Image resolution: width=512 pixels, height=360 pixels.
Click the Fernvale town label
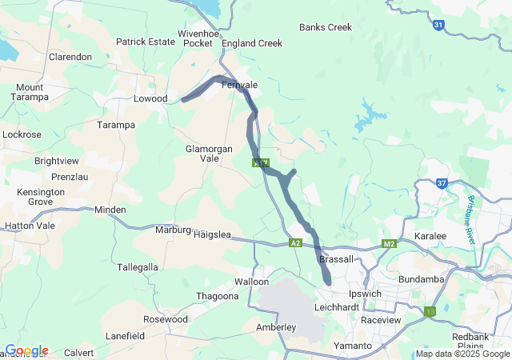click(239, 84)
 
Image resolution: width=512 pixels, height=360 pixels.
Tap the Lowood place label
click(150, 98)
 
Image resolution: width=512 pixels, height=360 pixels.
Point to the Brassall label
click(335, 260)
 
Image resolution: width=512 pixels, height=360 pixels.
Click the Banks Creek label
click(326, 27)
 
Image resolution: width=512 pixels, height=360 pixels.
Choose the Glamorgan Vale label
click(209, 154)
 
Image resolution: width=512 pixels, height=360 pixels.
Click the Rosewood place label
click(165, 319)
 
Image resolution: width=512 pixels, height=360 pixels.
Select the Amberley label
click(276, 327)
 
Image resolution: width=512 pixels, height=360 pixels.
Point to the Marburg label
click(173, 230)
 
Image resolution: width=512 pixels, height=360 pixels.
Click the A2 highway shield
click(296, 243)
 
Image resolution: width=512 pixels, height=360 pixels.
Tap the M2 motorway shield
click(390, 243)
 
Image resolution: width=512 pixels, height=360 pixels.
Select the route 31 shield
click(438, 26)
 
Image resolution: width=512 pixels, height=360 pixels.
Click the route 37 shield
click(442, 183)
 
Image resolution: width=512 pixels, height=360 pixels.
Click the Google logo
click(26, 350)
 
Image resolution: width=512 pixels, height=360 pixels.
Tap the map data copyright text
click(462, 354)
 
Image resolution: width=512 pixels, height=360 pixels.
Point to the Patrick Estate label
click(145, 42)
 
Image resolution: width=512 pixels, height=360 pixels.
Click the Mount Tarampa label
click(30, 92)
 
